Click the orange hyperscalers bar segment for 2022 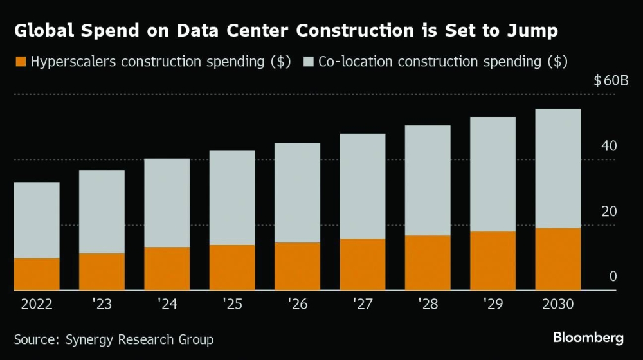(x=37, y=274)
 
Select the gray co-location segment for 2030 (x=557, y=168)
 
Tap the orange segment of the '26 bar (x=297, y=266)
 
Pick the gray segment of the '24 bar (x=167, y=203)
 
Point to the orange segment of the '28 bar (x=428, y=263)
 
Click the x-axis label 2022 (x=37, y=303)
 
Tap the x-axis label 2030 (x=557, y=303)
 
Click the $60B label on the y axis (x=611, y=81)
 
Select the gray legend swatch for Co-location (x=308, y=62)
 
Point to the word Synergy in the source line (x=91, y=339)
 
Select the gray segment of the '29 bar (x=493, y=174)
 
